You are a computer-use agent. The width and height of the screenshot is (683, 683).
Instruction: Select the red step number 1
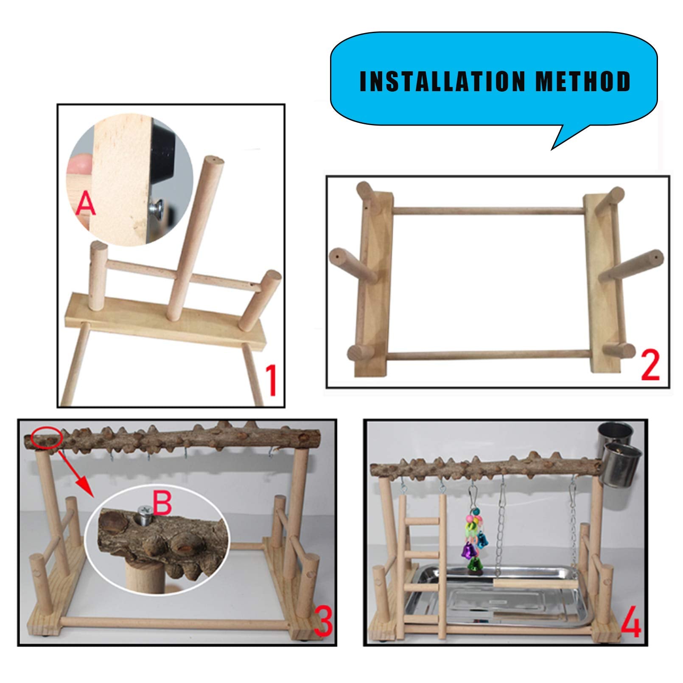click(x=270, y=381)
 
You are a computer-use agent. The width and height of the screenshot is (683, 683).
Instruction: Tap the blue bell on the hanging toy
click(x=482, y=539)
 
